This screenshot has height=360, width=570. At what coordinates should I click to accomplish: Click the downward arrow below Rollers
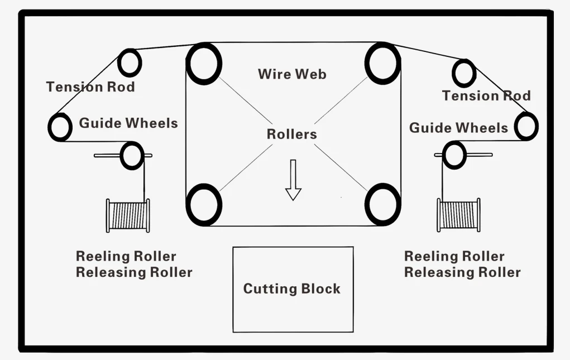[293, 180]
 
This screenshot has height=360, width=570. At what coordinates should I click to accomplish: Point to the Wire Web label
[293, 74]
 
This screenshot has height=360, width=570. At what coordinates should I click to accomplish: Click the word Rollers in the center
[292, 134]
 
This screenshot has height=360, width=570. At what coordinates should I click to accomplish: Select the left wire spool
[128, 215]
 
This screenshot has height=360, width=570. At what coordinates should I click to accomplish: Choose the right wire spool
[459, 215]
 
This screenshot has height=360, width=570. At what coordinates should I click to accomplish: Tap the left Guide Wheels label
[128, 123]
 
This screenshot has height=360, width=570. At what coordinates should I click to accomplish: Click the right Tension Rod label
[486, 96]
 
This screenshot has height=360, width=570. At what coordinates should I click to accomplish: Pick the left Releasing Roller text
[134, 272]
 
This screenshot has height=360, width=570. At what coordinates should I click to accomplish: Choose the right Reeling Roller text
[454, 257]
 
